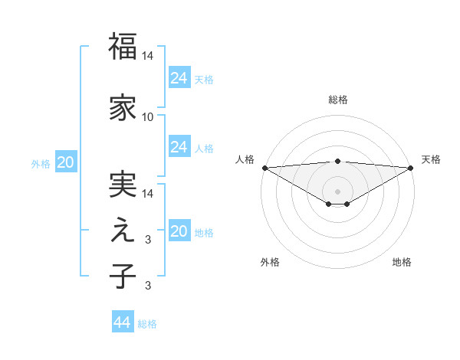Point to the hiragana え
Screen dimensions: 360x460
(x=123, y=231)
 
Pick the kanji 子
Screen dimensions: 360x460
(x=123, y=276)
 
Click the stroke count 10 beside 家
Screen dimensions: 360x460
(x=148, y=117)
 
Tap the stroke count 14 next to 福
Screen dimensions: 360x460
(x=148, y=56)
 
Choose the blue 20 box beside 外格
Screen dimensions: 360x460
(x=65, y=162)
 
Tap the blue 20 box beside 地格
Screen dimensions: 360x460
(x=179, y=232)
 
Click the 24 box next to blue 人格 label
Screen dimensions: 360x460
(x=179, y=147)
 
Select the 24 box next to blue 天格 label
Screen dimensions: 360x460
(x=179, y=78)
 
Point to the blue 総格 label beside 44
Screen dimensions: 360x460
(x=147, y=324)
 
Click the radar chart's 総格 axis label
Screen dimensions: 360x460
(x=338, y=100)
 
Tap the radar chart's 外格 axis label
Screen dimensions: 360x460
(x=270, y=263)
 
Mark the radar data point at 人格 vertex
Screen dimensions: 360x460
(x=264, y=168)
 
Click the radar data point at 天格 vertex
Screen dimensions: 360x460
(x=410, y=168)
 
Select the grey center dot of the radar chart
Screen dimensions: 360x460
(x=337, y=190)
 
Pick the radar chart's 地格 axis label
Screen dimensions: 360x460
(x=402, y=263)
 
